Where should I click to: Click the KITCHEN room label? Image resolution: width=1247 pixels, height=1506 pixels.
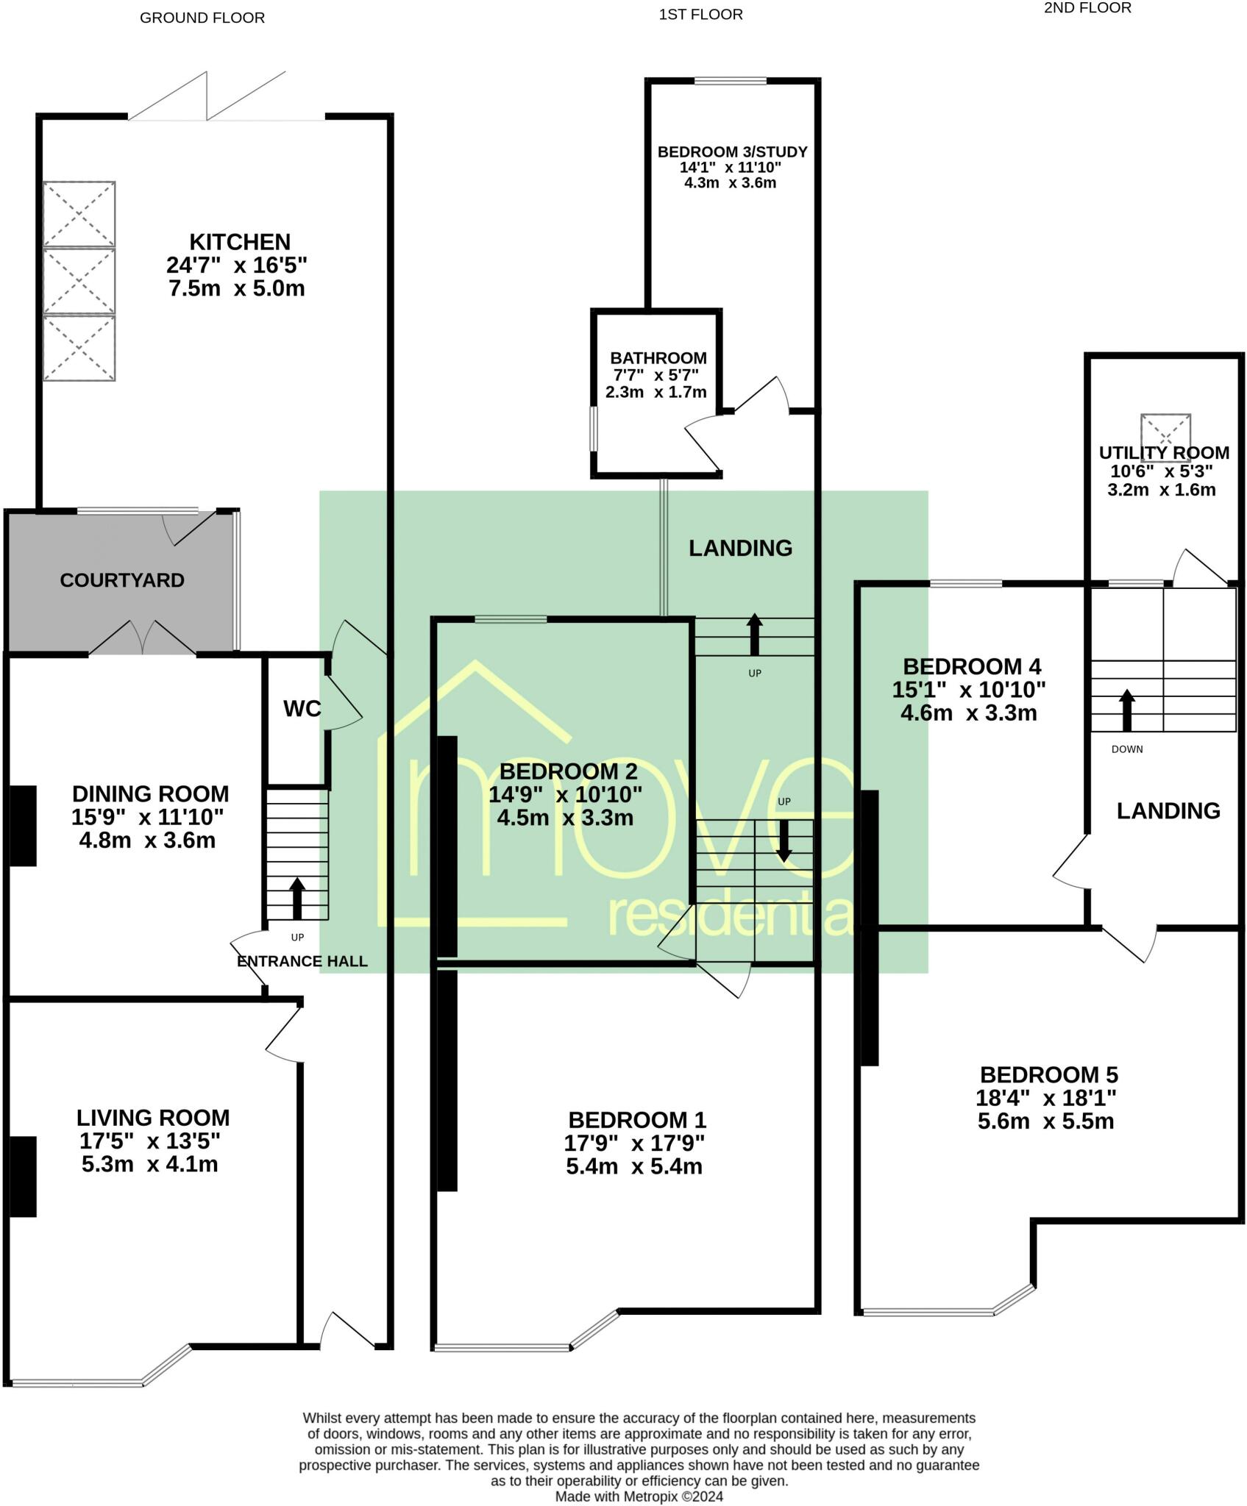click(240, 242)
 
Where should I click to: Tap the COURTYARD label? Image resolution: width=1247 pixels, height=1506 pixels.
click(122, 580)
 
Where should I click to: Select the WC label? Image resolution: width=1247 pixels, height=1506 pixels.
click(302, 709)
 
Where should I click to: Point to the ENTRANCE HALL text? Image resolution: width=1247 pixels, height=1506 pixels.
click(302, 961)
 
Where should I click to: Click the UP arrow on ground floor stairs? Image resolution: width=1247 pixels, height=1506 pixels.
click(297, 897)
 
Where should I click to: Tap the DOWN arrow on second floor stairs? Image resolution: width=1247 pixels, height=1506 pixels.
click(1126, 710)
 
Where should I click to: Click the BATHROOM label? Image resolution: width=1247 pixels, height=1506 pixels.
click(658, 358)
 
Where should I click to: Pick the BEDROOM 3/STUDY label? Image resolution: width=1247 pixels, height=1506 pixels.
click(732, 151)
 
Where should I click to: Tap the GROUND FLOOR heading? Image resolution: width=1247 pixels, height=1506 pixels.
click(202, 18)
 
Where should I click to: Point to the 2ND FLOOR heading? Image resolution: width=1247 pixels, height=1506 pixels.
click(1087, 8)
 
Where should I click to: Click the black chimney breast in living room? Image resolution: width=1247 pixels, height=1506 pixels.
click(23, 1177)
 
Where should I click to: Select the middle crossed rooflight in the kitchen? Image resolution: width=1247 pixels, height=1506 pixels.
click(79, 282)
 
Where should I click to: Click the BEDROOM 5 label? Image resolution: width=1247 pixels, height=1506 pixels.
click(1048, 1075)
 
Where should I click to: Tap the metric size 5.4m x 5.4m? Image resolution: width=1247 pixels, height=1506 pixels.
click(633, 1167)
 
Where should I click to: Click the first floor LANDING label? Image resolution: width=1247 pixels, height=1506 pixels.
click(740, 548)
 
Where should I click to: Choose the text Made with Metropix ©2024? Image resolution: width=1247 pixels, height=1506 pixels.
click(639, 1496)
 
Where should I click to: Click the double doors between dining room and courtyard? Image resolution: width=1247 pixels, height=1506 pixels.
click(143, 638)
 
